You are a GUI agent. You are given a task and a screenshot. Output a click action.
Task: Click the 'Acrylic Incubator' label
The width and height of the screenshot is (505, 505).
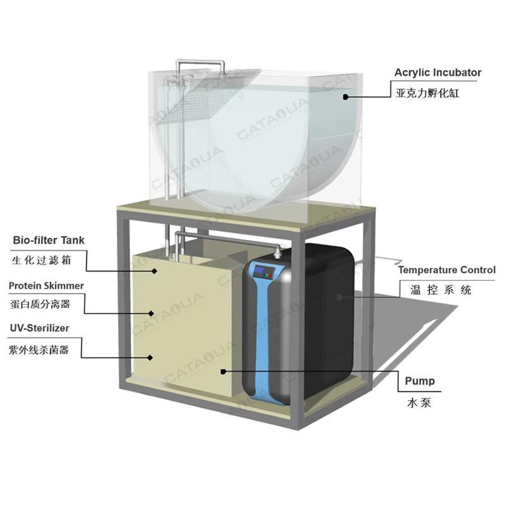tap(437, 73)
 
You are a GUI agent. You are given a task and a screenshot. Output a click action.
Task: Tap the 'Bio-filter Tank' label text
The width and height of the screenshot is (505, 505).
tap(49, 241)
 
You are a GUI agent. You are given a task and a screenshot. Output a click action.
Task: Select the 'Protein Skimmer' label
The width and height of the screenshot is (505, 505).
tap(46, 286)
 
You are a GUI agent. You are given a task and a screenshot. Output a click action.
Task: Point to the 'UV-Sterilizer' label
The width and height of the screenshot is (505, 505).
tap(40, 328)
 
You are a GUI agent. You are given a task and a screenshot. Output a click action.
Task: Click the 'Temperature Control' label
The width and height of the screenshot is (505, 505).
tap(447, 270)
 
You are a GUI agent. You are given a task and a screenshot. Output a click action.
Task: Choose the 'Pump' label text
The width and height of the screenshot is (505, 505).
tap(420, 381)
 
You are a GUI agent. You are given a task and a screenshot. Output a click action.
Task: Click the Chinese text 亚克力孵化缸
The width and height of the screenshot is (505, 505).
tap(427, 93)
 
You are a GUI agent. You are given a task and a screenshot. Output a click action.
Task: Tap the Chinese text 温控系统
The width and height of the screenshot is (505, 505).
tap(441, 290)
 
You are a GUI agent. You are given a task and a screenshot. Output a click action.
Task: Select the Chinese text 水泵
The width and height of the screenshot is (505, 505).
tap(419, 403)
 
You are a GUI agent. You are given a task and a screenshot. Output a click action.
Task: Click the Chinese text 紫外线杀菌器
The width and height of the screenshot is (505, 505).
tap(39, 350)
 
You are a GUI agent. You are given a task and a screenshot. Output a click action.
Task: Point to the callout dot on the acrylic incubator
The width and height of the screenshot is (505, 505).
tap(345, 97)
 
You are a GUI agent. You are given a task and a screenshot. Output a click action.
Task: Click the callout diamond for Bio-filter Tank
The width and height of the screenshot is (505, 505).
tap(154, 271)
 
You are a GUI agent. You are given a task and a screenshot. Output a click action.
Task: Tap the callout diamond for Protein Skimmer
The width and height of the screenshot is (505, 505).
tap(151, 313)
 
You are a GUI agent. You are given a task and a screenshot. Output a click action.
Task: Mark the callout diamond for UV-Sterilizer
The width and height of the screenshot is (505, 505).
tap(150, 357)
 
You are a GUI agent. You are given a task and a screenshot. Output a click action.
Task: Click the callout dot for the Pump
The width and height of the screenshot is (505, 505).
tap(223, 372)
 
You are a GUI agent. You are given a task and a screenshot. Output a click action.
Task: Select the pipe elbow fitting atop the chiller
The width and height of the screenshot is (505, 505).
tap(277, 251)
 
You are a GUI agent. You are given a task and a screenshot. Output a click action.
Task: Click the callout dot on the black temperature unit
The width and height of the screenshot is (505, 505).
tap(339, 297)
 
